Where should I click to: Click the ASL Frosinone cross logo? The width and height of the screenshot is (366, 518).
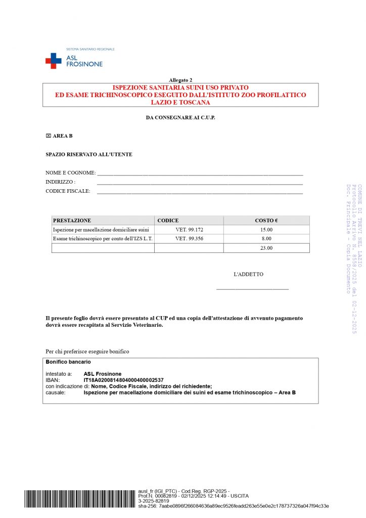click(53, 61)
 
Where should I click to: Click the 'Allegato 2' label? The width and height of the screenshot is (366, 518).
click(180, 80)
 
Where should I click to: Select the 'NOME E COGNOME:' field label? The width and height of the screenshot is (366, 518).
click(71, 173)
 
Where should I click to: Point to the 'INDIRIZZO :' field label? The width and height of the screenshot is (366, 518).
click(61, 182)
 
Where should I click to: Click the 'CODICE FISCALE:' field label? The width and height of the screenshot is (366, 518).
click(68, 191)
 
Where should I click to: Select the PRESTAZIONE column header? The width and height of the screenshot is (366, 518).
click(72, 221)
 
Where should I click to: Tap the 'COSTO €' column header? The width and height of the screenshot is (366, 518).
click(266, 221)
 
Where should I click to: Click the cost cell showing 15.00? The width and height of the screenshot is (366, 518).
click(266, 230)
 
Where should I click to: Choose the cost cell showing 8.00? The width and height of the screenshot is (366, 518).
click(266, 238)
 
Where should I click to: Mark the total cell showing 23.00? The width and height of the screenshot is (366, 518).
click(266, 248)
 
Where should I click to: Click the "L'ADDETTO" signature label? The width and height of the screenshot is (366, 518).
click(248, 274)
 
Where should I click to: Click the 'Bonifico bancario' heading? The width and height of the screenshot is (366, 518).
click(68, 362)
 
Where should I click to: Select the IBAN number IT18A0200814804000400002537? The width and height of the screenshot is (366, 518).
click(123, 380)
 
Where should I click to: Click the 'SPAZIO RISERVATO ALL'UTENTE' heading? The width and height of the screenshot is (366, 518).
click(89, 154)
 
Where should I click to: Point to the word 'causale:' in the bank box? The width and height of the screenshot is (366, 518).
click(55, 393)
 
